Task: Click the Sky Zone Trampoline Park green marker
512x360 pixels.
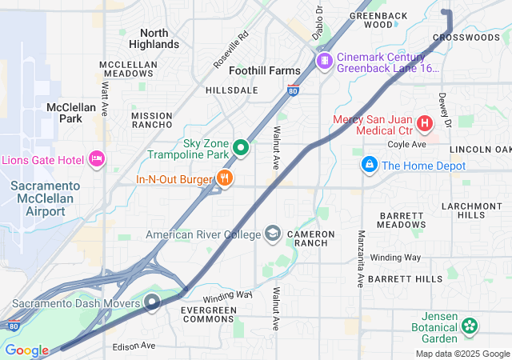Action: [241, 148]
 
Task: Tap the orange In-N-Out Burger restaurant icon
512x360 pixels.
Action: [225, 180]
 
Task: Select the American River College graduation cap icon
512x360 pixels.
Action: [274, 234]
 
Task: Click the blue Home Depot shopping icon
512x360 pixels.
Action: [369, 165]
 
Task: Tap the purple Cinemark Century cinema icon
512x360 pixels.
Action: [325, 61]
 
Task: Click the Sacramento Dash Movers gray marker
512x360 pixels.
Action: [152, 302]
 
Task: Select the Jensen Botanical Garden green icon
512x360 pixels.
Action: [470, 326]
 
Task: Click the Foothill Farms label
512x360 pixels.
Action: [265, 70]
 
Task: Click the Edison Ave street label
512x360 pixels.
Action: [134, 346]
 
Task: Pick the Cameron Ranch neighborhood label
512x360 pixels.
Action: [306, 238]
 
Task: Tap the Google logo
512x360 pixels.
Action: [26, 350]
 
